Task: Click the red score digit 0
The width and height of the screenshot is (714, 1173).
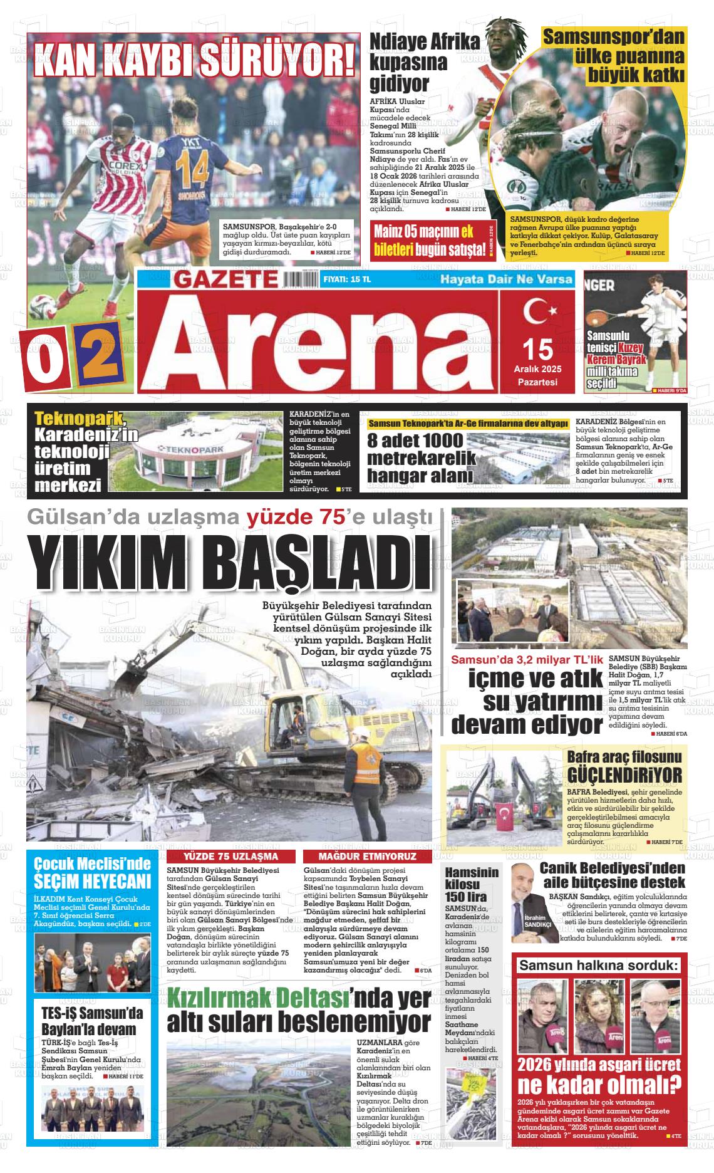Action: [x=46, y=358]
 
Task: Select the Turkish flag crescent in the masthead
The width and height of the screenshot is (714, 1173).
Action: [x=537, y=311]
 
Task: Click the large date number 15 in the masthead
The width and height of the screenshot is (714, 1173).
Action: [x=537, y=348]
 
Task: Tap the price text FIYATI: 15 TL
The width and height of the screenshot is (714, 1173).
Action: [x=346, y=279]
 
